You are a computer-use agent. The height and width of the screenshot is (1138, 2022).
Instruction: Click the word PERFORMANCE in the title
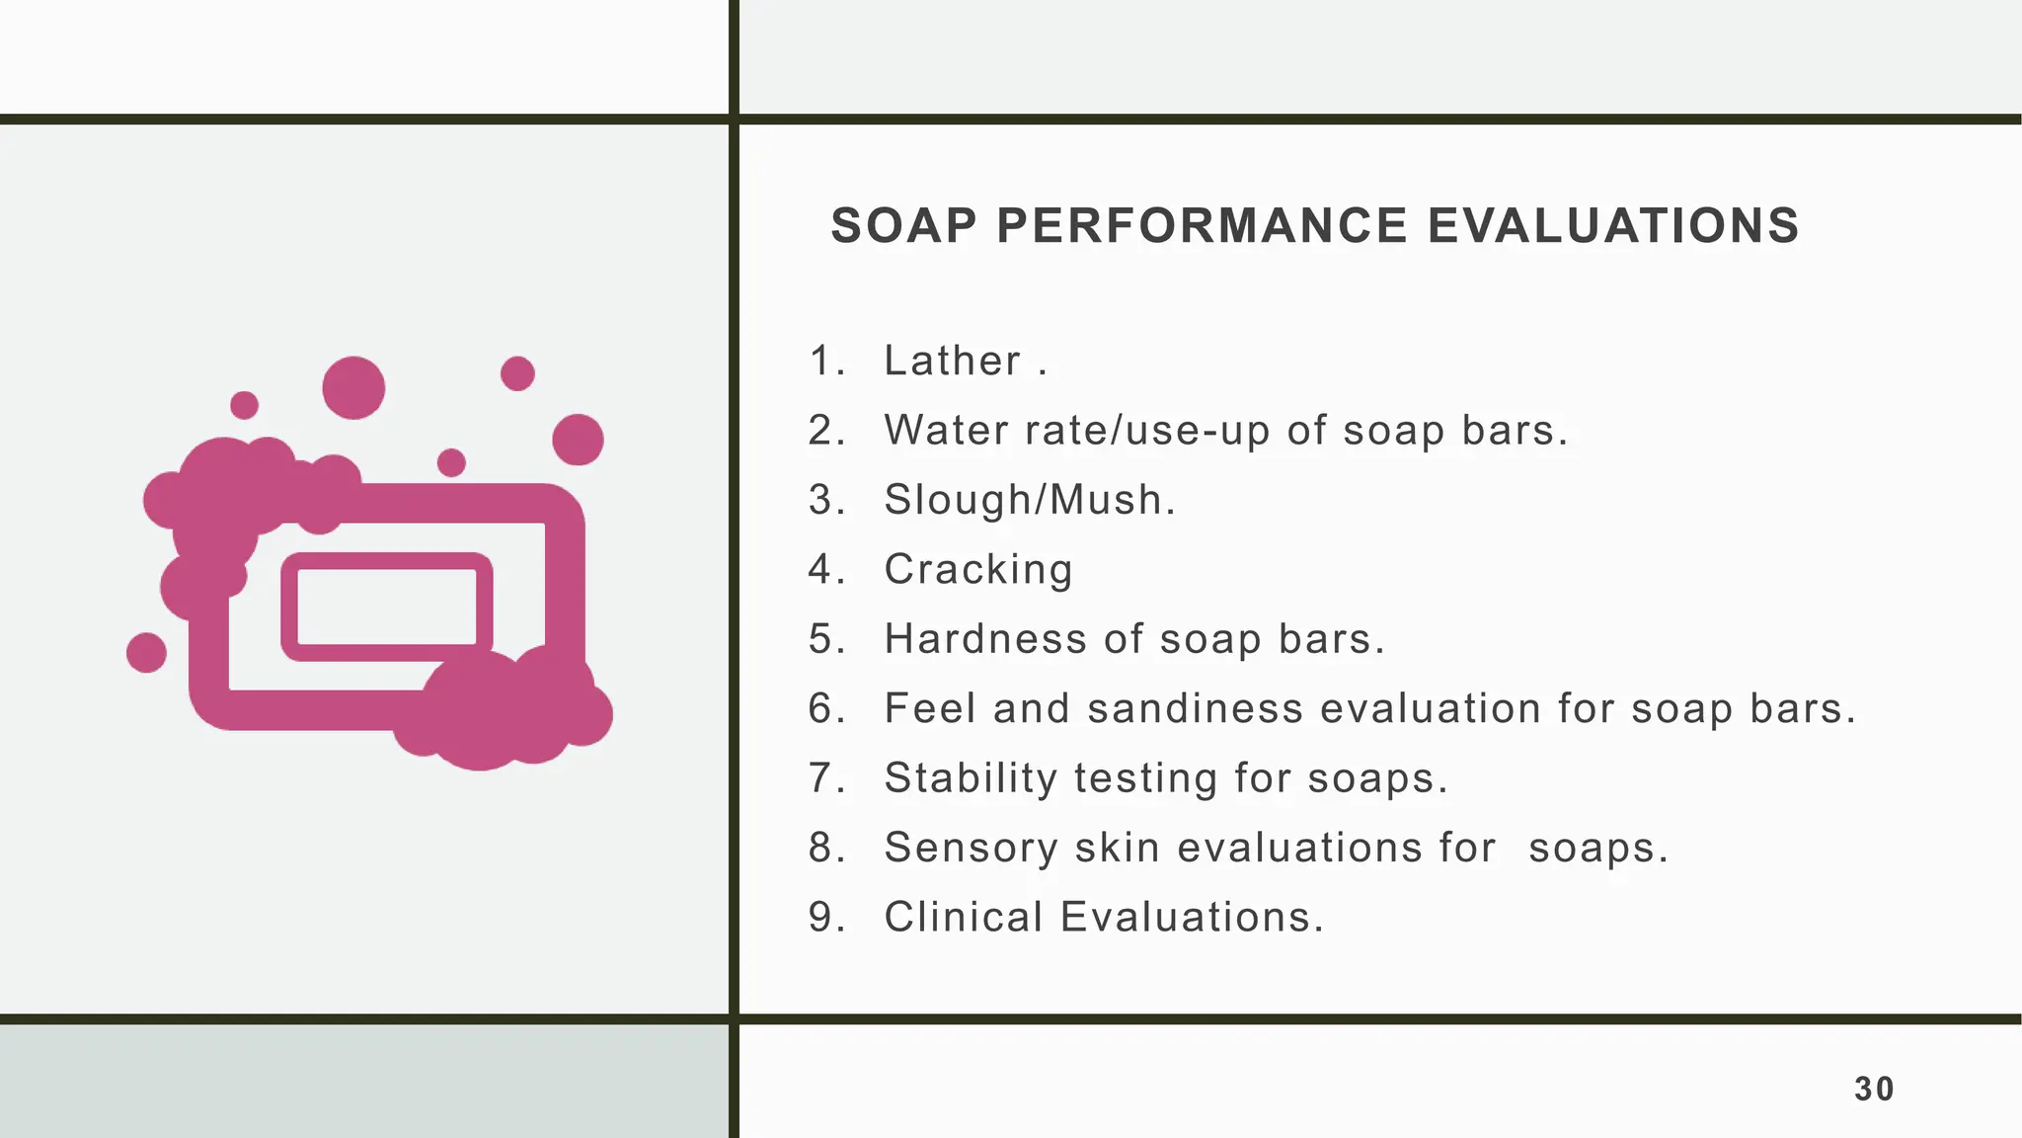pos(1202,226)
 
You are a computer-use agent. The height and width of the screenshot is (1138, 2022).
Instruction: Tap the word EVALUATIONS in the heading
pos(1613,226)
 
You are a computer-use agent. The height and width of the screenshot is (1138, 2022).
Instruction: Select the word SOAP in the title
pos(903,226)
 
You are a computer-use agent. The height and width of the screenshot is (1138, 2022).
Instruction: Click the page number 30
pos(1873,1089)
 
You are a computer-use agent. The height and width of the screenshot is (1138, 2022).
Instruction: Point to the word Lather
pos(952,361)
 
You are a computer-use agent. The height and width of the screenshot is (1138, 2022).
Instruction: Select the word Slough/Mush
pos(1028,500)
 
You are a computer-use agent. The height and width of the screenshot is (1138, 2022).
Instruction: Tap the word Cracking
pos(977,570)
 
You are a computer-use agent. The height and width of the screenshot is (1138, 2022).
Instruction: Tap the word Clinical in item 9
pos(963,917)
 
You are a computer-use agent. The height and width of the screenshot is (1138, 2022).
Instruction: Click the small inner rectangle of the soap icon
pos(386,607)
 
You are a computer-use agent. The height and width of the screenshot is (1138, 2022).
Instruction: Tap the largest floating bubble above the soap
pos(353,387)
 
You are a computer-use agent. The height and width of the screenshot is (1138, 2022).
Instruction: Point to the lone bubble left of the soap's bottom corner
pos(146,652)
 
